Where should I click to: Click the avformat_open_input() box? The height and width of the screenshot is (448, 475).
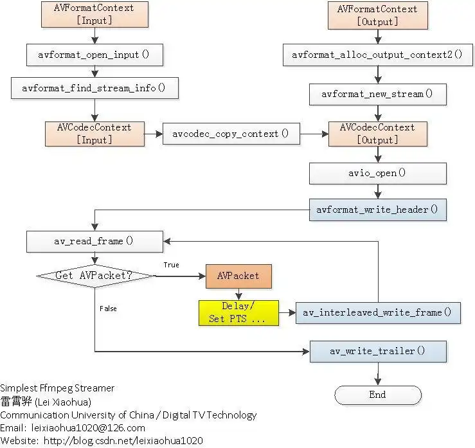click(x=94, y=55)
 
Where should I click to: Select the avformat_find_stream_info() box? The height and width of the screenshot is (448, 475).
click(x=94, y=88)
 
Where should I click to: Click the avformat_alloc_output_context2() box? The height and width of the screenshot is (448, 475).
click(x=377, y=55)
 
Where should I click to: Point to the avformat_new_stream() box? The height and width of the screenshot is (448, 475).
click(x=377, y=94)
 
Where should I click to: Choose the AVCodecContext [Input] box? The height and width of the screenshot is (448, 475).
click(x=94, y=134)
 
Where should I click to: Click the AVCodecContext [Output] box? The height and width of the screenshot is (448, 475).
click(x=377, y=134)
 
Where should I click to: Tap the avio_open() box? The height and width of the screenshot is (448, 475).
click(x=377, y=173)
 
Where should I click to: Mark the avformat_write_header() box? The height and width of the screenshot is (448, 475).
click(x=377, y=210)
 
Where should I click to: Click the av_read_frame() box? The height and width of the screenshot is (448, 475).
click(x=94, y=242)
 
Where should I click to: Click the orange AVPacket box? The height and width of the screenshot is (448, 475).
click(x=238, y=276)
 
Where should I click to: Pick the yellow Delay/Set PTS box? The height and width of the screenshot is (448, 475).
click(x=238, y=312)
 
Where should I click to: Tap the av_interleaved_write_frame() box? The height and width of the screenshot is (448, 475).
click(x=378, y=312)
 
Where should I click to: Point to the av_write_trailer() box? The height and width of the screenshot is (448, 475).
click(x=378, y=351)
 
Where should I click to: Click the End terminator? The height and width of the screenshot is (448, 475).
click(x=377, y=395)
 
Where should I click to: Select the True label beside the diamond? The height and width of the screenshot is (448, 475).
click(x=172, y=265)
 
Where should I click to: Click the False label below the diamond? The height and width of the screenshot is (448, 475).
click(x=108, y=309)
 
